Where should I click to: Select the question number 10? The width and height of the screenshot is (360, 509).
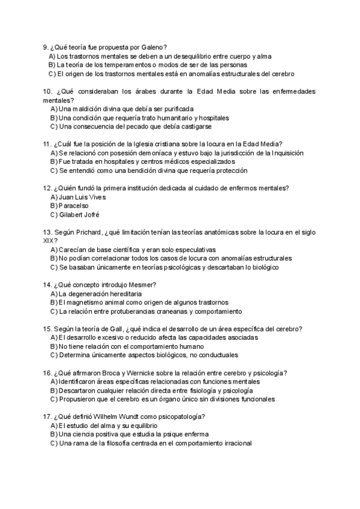click(x=47, y=91)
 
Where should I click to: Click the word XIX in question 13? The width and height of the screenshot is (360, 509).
click(x=49, y=241)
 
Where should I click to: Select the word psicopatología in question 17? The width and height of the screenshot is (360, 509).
click(x=181, y=417)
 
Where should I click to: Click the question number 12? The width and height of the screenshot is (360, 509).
click(x=47, y=188)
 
